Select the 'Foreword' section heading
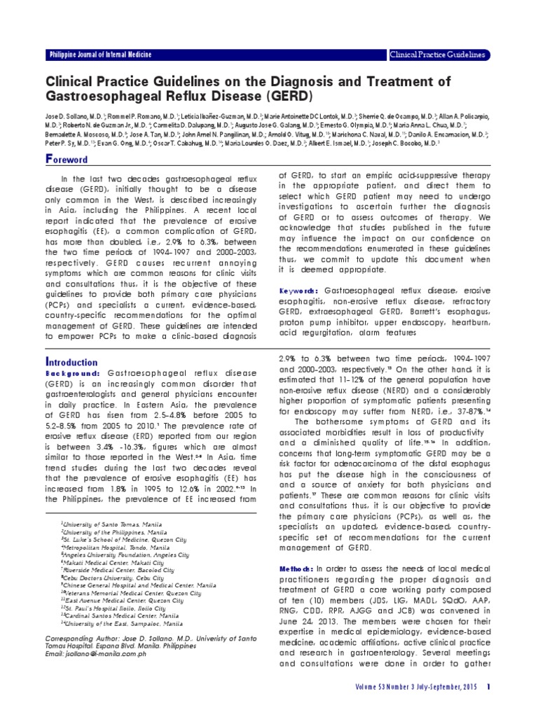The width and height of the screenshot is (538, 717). pyautogui.click(x=67, y=159)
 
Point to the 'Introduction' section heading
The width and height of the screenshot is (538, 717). pyautogui.click(x=71, y=362)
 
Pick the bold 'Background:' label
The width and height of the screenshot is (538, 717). pyautogui.click(x=75, y=375)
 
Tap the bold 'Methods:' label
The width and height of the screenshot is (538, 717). pyautogui.click(x=298, y=567)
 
